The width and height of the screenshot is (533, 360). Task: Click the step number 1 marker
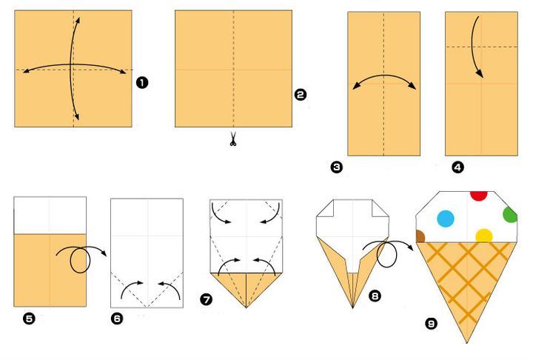point(142,82)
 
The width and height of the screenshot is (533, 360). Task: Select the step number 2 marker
point(300,94)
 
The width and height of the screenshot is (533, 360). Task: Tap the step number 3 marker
point(337,167)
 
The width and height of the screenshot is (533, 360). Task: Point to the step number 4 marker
point(458,167)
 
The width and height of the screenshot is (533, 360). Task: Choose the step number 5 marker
point(29,319)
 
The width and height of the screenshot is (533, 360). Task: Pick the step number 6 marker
point(117,319)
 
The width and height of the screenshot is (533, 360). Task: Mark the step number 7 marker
point(206,299)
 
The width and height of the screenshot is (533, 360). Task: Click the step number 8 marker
point(375,296)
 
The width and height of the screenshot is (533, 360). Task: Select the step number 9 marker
point(432,323)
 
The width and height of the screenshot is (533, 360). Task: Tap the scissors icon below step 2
point(233,139)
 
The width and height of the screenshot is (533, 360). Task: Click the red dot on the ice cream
point(479,196)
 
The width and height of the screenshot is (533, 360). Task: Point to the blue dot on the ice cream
point(446,219)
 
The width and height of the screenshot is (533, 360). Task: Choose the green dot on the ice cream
point(511,215)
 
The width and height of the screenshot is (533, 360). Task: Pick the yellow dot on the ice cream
point(484,236)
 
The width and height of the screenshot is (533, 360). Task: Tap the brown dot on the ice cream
point(420,236)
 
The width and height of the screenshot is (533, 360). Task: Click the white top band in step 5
point(50,215)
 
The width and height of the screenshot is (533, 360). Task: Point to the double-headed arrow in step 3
point(384,76)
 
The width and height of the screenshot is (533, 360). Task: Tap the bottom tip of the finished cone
point(467,343)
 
